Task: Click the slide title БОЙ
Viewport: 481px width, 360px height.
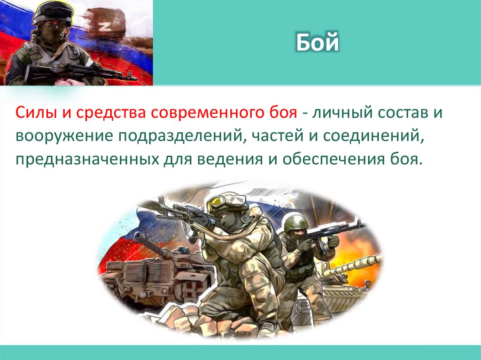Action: pyautogui.click(x=318, y=44)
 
